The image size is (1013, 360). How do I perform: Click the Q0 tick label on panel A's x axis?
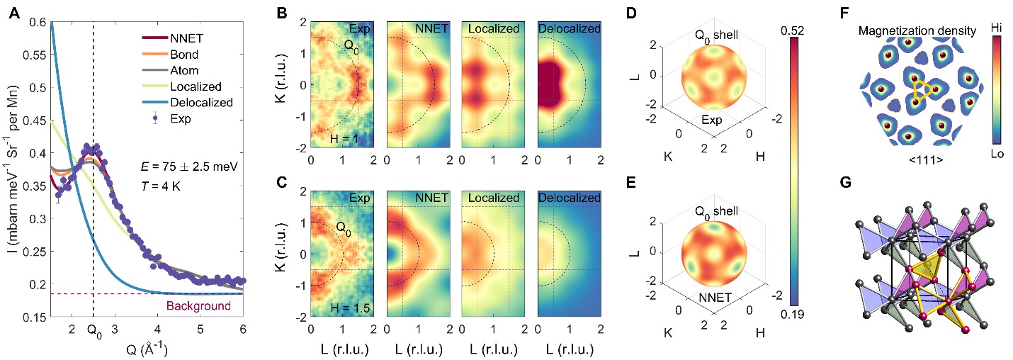click(x=93, y=329)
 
